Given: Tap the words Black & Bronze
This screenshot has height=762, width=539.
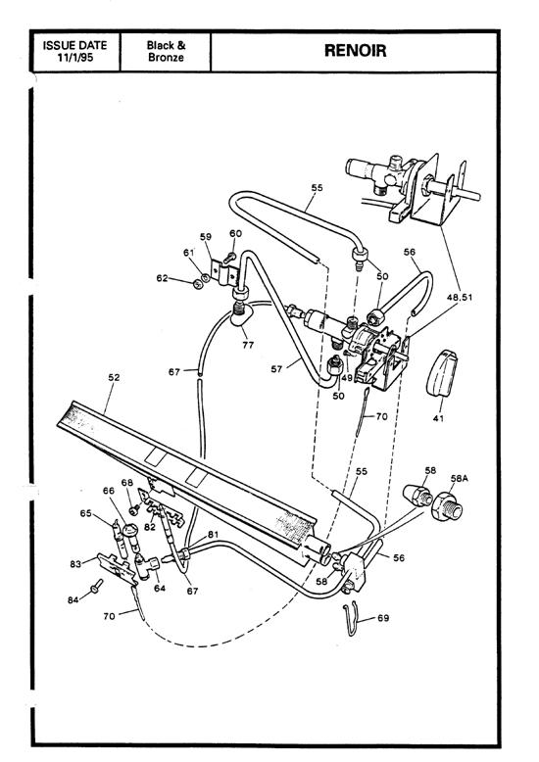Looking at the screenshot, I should [166, 51].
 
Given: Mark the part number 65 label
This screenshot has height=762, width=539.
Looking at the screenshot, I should [85, 512].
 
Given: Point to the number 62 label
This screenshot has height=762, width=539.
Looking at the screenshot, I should [174, 279].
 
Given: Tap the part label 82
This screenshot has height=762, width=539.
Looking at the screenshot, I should [149, 527].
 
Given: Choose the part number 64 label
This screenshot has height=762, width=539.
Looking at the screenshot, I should [160, 589].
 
